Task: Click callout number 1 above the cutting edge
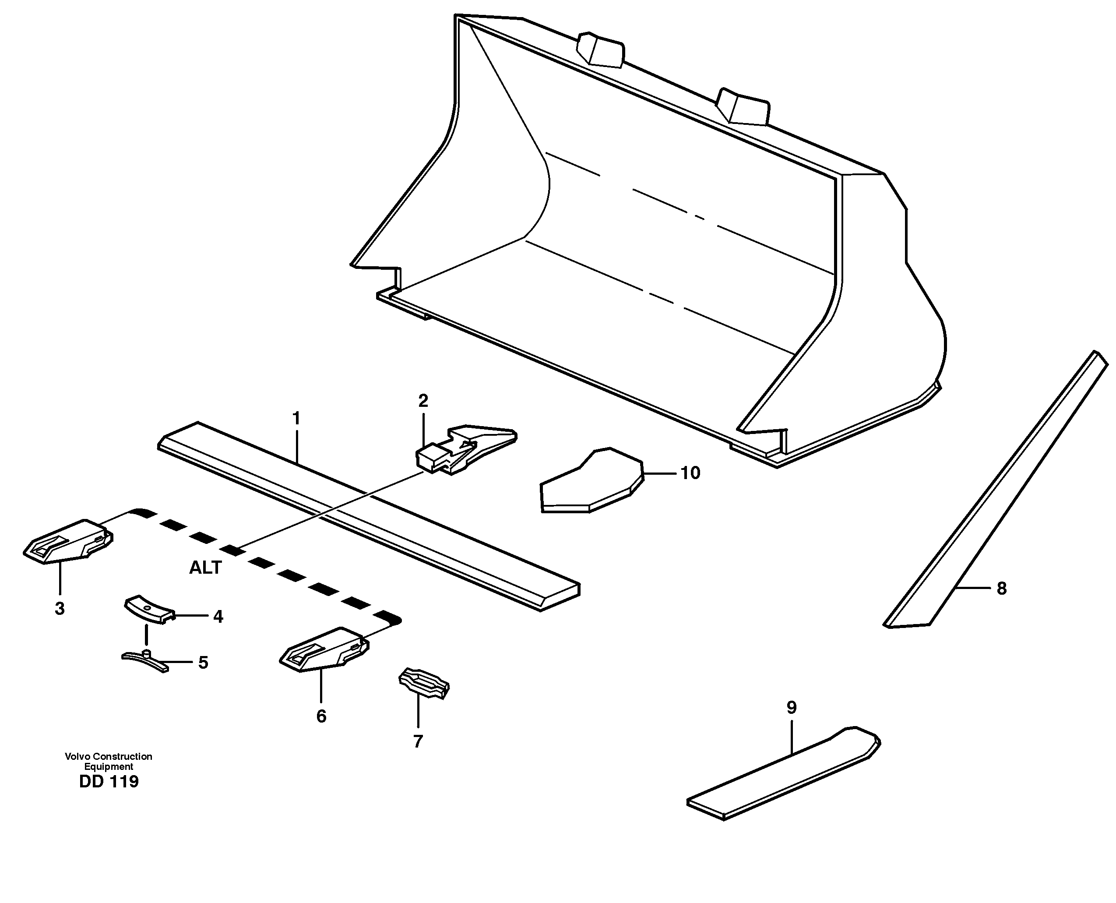pyautogui.click(x=296, y=418)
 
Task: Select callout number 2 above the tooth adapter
pyautogui.click(x=423, y=401)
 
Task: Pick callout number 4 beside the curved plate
pyautogui.click(x=218, y=617)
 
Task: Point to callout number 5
pyautogui.click(x=203, y=663)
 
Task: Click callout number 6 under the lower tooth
pyautogui.click(x=321, y=716)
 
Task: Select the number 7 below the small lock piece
pyautogui.click(x=418, y=741)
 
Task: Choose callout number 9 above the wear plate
pyautogui.click(x=792, y=707)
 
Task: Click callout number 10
pyautogui.click(x=690, y=473)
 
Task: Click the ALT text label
pyautogui.click(x=205, y=568)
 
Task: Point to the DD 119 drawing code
pyautogui.click(x=109, y=782)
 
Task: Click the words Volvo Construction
pyautogui.click(x=108, y=756)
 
